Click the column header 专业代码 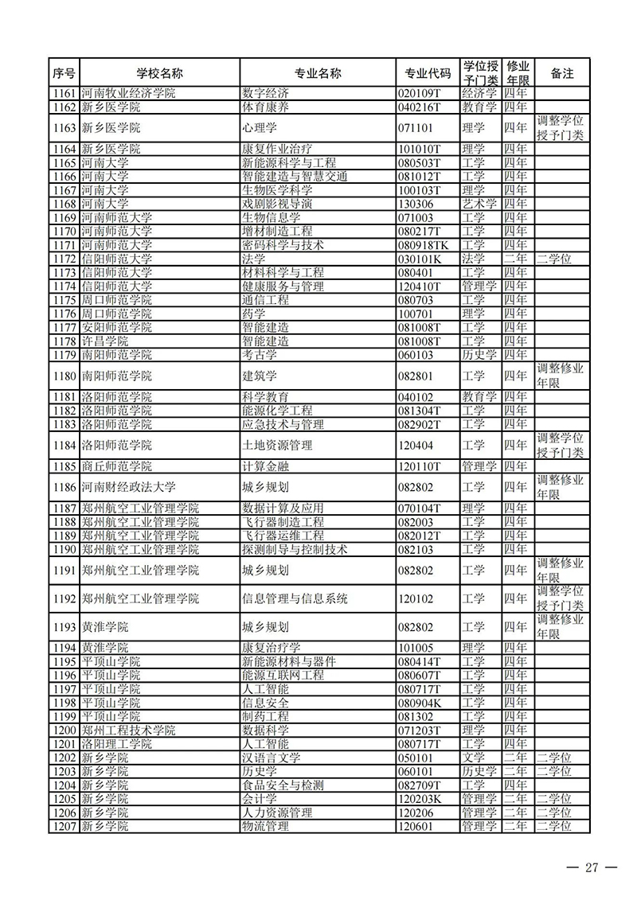pos(428,73)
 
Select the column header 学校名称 pos(159,73)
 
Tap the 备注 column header pos(561,73)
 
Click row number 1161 pos(63,93)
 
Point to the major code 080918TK pos(424,245)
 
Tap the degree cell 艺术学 pos(479,204)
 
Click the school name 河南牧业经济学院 pos(128,93)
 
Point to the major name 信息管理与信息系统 pos(294,598)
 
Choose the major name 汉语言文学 pos(271,758)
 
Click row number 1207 pos(63,826)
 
